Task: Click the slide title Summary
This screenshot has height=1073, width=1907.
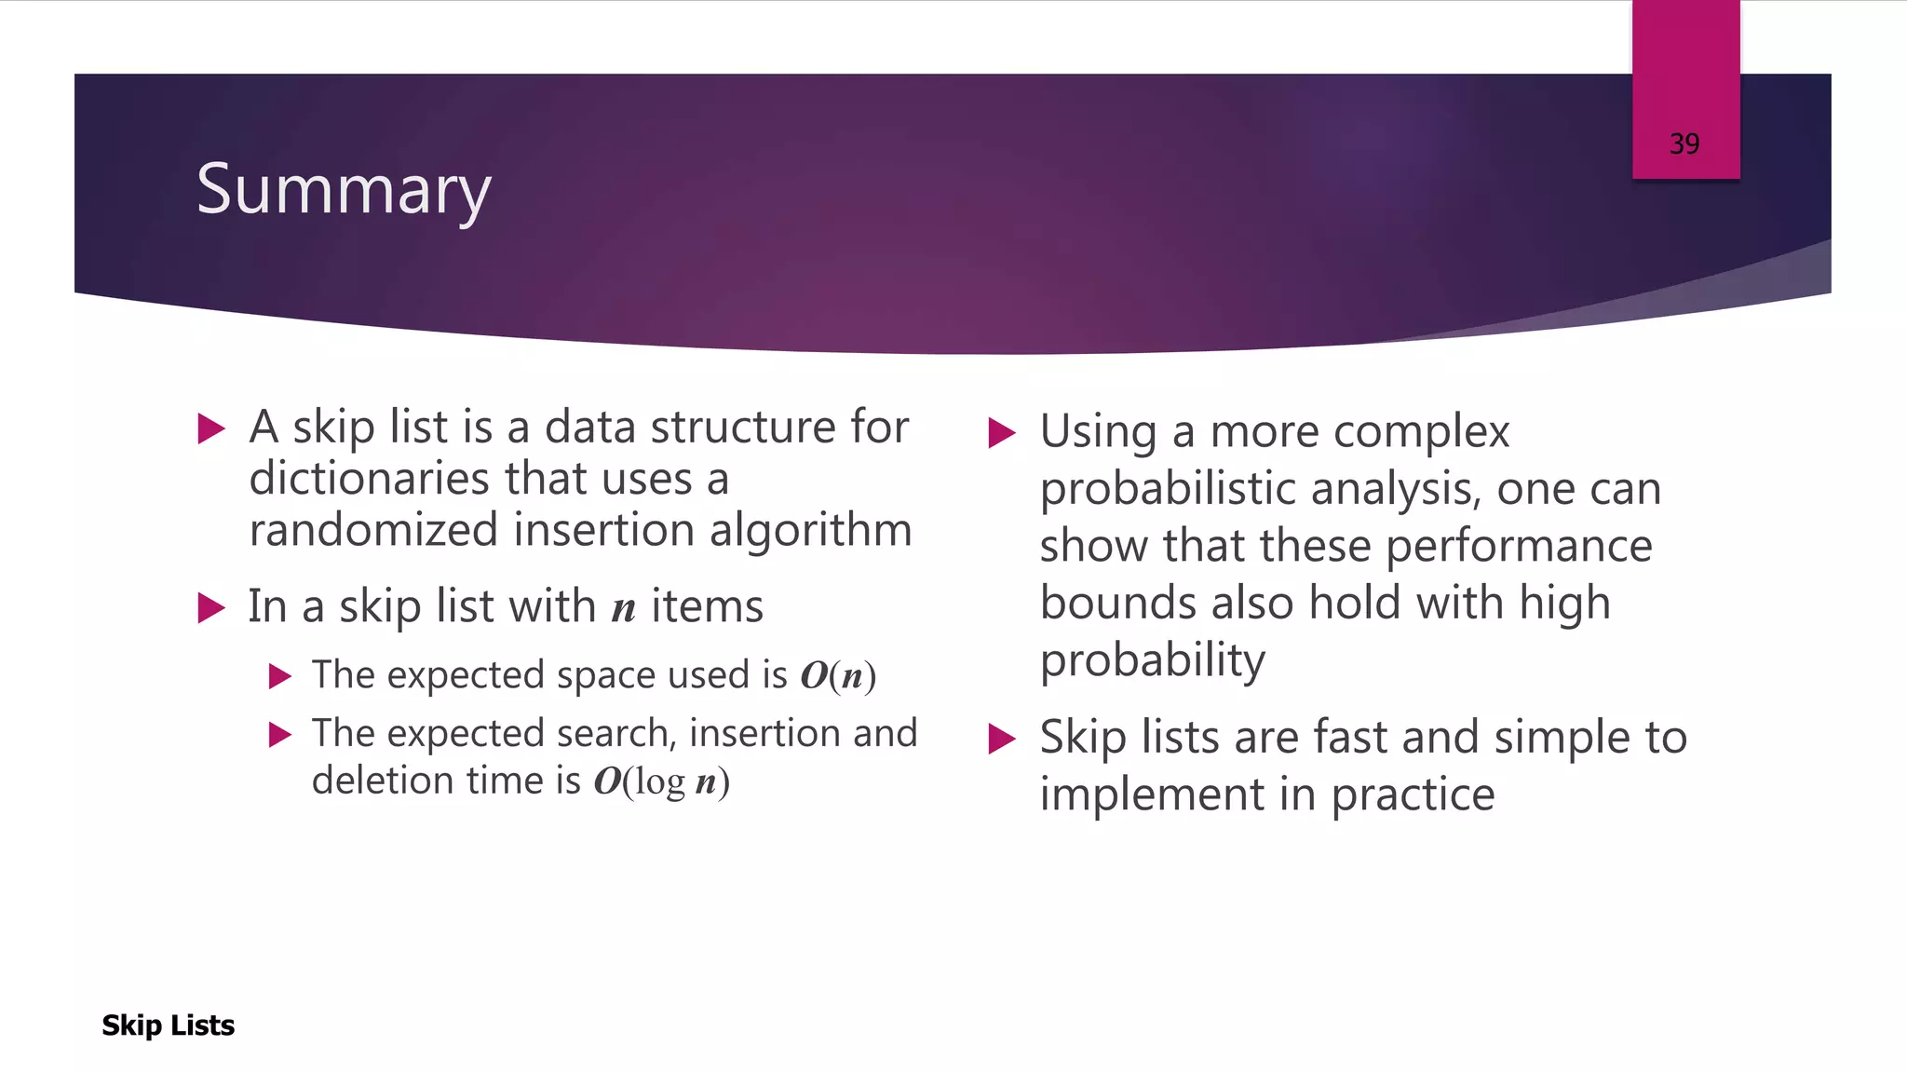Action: (344, 190)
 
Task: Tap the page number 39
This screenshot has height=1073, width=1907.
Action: (1684, 144)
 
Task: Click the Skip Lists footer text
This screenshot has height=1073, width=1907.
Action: (168, 1025)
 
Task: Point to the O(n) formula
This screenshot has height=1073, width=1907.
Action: (837, 676)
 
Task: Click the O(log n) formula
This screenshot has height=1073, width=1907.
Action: (661, 781)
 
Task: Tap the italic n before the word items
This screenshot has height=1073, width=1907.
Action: (623, 608)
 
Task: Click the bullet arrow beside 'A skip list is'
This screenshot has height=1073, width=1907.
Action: (212, 429)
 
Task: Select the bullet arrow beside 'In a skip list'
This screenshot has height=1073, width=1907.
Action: (212, 608)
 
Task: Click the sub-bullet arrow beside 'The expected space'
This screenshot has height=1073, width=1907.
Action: (279, 676)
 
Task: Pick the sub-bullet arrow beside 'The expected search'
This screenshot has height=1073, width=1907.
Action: (279, 735)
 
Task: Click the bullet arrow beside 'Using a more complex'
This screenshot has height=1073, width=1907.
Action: (1001, 433)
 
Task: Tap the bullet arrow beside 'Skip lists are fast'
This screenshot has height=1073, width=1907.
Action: (1001, 739)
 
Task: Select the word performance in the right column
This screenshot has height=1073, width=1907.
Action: (1518, 546)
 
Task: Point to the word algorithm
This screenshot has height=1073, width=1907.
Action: (809, 530)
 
